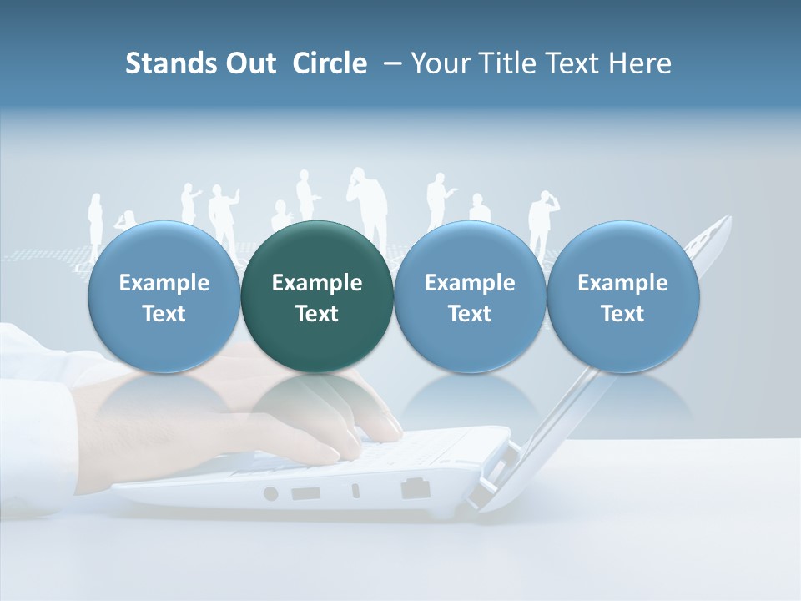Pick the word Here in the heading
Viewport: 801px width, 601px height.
[641, 63]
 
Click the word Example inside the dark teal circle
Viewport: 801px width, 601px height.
[317, 283]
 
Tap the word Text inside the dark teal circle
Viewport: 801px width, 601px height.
[317, 314]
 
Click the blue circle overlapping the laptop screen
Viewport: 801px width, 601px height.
[623, 296]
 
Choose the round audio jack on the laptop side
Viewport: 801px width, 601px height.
[270, 493]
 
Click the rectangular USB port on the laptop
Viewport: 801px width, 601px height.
[305, 492]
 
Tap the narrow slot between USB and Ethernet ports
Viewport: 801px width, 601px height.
[356, 491]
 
